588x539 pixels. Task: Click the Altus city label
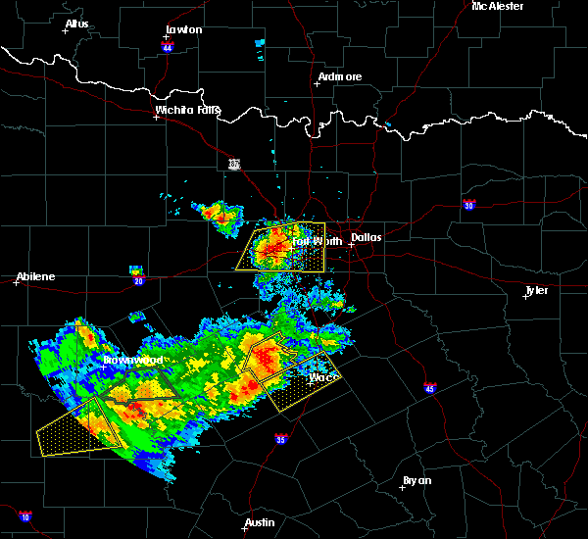tap(77, 24)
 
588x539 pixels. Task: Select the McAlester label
tap(497, 6)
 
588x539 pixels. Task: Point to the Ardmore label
tap(340, 76)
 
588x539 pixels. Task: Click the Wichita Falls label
tap(188, 110)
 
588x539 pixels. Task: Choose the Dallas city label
tap(366, 237)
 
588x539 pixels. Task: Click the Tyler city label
tap(537, 291)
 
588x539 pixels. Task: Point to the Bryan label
tap(418, 480)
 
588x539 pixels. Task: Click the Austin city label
tap(260, 522)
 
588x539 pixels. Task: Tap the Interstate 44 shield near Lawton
tap(168, 46)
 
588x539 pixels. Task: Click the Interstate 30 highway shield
tap(468, 205)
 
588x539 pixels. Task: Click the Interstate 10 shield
tap(24, 515)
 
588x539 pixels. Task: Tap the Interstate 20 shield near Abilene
tap(138, 281)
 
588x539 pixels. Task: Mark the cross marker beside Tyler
tap(526, 297)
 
